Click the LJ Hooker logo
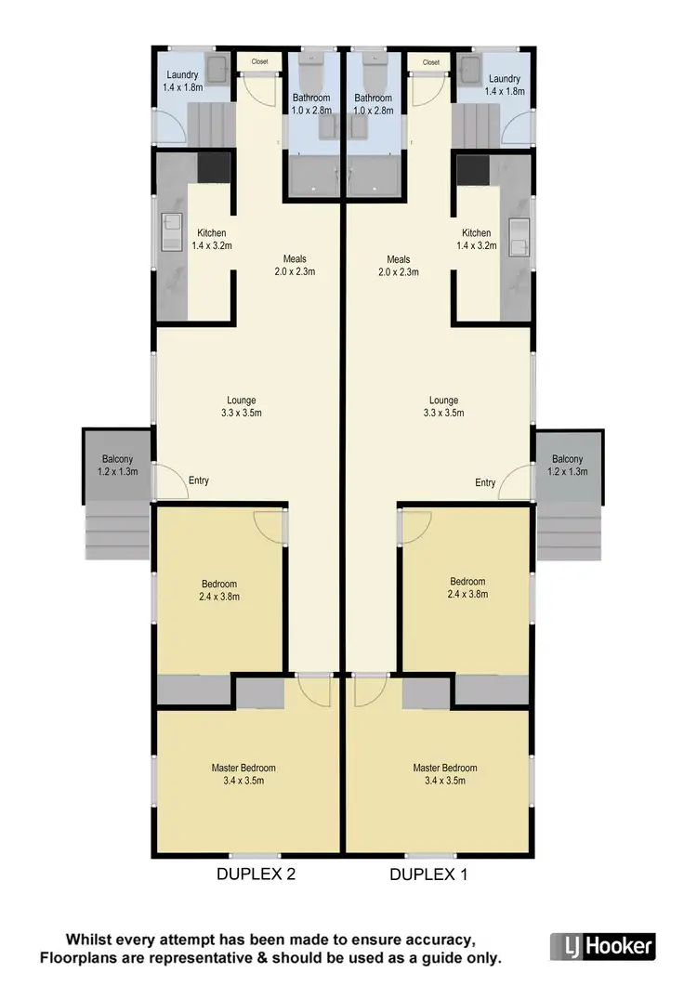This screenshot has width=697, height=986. click(x=603, y=947)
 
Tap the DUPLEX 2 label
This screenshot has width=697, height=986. click(x=256, y=874)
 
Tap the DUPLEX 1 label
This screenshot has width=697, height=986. click(x=429, y=874)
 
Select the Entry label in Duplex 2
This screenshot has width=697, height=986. click(x=198, y=480)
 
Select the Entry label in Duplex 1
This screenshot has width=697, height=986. click(x=485, y=482)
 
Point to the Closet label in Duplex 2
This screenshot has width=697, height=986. click(x=258, y=62)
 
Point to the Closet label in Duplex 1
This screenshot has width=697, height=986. click(x=430, y=62)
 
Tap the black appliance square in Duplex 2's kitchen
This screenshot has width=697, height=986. click(x=213, y=167)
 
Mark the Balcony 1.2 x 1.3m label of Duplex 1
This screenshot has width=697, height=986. click(x=567, y=466)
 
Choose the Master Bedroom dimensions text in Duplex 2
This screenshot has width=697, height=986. click(x=243, y=782)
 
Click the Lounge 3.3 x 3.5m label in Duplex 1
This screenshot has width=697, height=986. click(x=443, y=407)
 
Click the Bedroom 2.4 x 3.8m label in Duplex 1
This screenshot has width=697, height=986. click(x=466, y=588)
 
